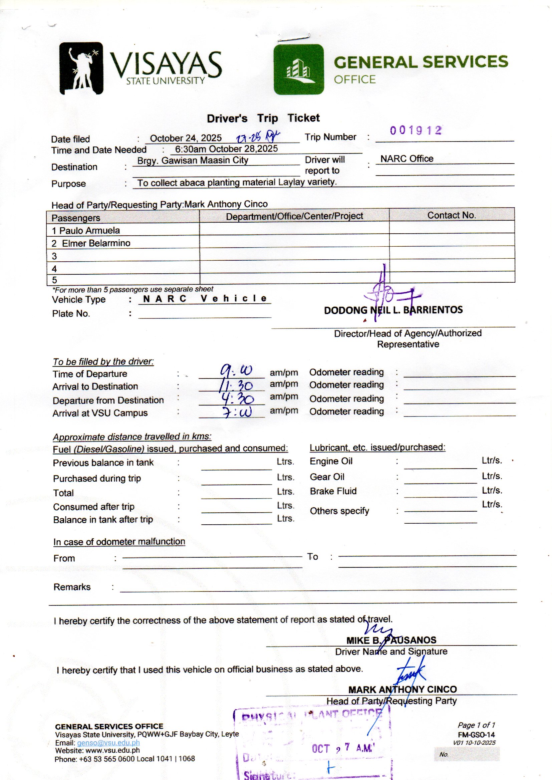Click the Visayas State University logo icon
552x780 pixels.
coord(81,68)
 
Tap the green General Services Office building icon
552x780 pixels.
coord(298,69)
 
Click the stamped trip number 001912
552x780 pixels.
coord(416,131)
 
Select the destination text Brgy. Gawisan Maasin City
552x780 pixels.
coord(192,161)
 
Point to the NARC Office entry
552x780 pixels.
coord(406,159)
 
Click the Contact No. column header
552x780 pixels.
coord(452,215)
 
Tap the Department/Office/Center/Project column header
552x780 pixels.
coord(294,216)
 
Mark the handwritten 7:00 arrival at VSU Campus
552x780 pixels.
coord(237,412)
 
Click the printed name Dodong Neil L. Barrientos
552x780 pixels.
coord(393,310)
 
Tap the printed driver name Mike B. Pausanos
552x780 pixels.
coord(391,640)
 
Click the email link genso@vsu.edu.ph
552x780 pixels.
coord(108,743)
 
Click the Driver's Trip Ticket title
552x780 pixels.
coord(263,118)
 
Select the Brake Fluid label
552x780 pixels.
coord(333,491)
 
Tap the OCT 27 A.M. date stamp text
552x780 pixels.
coord(343,748)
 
